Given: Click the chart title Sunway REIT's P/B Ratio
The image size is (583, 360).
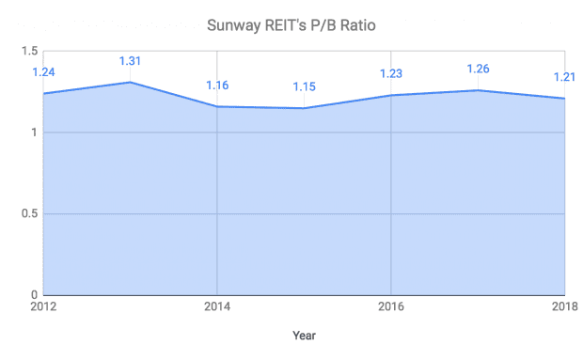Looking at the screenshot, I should [x=291, y=25].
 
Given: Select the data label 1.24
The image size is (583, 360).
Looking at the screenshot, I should [x=44, y=71].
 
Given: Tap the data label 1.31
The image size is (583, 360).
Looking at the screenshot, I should [x=131, y=61].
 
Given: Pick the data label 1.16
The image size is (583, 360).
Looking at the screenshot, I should [x=217, y=86].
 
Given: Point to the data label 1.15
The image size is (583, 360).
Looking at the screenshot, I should [x=304, y=87].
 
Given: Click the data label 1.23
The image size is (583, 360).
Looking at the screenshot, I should [x=391, y=74].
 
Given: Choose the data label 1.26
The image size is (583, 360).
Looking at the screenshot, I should [x=478, y=69].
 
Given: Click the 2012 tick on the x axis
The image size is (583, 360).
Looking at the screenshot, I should [x=43, y=306].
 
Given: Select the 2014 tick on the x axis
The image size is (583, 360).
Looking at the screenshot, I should [x=217, y=306].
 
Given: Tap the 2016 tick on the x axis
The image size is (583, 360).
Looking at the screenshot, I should [x=391, y=306].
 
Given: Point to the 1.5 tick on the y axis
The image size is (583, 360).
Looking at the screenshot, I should [x=30, y=52].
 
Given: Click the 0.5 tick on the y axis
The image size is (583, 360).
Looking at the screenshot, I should [x=30, y=214].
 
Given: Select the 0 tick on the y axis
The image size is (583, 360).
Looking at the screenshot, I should [x=34, y=295].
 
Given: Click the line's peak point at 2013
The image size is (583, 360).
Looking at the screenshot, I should [x=131, y=82].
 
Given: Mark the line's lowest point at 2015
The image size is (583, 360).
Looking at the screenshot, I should [x=304, y=108].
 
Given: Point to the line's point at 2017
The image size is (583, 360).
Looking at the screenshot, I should [x=478, y=90].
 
